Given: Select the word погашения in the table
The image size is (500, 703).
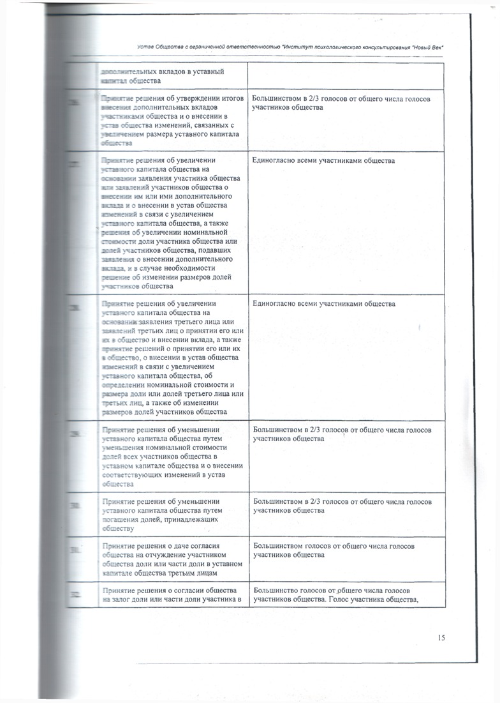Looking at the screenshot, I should pos(121,520).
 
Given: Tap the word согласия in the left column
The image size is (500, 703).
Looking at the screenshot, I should pos(205,547).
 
